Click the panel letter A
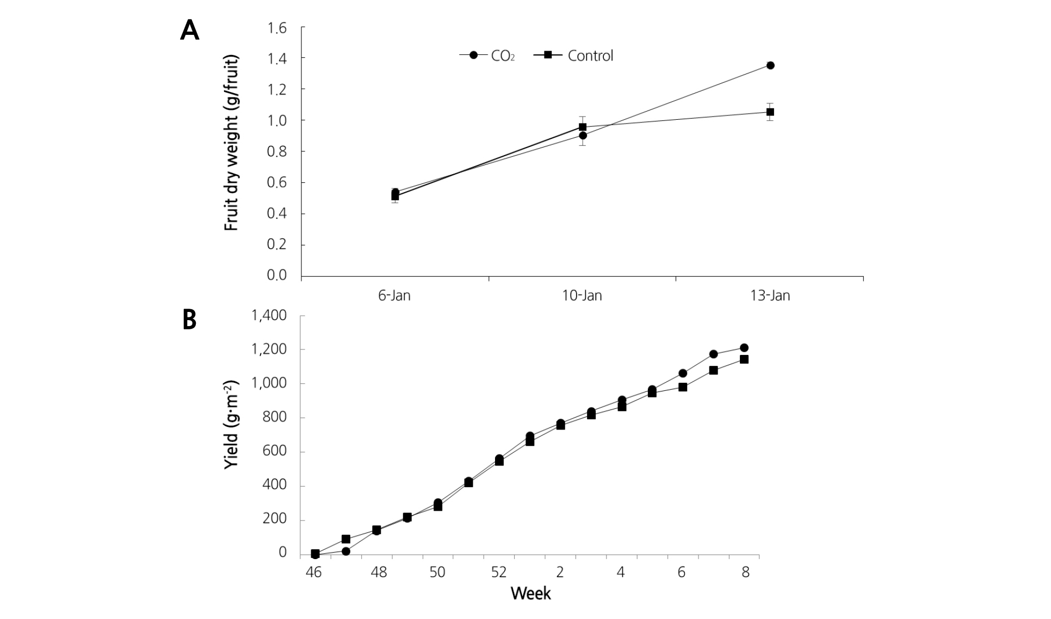[189, 30]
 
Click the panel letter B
[189, 320]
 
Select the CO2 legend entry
[487, 56]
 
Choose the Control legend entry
[574, 56]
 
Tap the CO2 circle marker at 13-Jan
[770, 65]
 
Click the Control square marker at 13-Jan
[770, 112]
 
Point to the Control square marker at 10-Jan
[583, 127]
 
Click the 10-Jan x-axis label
[582, 296]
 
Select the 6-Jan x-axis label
[394, 296]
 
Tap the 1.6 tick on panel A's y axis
[277, 28]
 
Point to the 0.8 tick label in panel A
[277, 151]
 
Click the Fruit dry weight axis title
[232, 143]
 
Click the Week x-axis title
[531, 593]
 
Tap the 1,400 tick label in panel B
[269, 316]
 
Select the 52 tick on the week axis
[499, 573]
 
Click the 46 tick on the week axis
[314, 573]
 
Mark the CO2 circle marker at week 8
[744, 348]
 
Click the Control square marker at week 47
[346, 539]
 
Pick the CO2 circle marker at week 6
[683, 373]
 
